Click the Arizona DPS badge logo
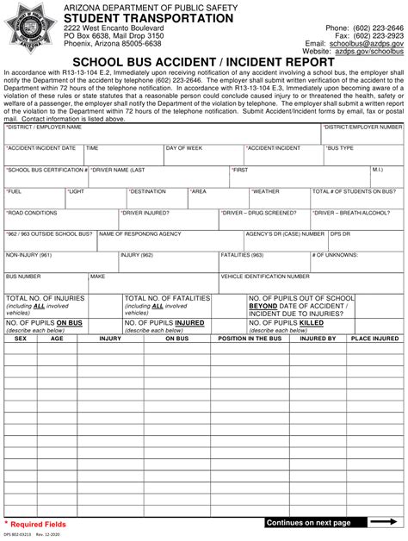31,31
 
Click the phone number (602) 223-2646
377,28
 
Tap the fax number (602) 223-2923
377,35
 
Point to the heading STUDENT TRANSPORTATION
124,18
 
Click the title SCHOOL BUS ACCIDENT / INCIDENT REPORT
203,62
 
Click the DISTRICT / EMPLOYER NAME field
162,133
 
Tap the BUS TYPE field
363,154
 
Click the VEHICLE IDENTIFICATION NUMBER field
311,283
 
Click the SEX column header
21,339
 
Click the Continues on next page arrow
382,522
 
